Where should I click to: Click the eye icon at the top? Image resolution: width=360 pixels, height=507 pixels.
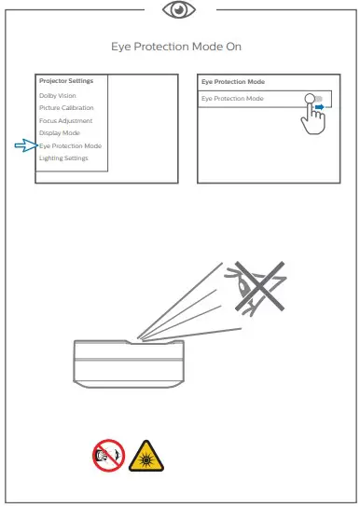pos(178,10)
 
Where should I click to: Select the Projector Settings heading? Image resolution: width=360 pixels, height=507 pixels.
pos(65,82)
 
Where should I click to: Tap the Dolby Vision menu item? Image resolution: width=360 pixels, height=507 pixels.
pos(58,95)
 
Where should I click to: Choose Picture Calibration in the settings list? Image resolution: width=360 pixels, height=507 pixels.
pos(65,108)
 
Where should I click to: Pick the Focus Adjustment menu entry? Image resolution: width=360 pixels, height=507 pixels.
pos(65,121)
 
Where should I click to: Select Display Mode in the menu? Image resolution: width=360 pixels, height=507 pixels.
pos(60,133)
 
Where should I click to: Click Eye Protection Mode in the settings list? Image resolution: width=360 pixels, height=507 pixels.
pos(71,146)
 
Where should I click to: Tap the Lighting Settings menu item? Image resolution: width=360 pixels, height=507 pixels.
pos(63,158)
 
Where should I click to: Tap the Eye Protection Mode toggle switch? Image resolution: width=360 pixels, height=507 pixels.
pos(315,98)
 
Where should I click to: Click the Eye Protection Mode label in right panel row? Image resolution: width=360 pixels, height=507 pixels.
pos(234,98)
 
